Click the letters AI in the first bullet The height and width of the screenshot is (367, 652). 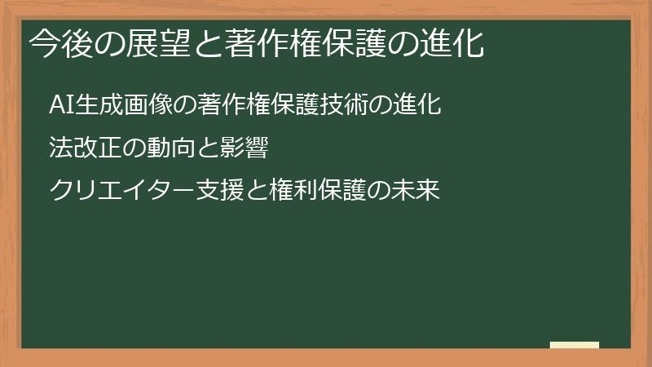62,106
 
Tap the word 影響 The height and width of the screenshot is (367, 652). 240,148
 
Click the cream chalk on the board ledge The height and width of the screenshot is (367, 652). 575,345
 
